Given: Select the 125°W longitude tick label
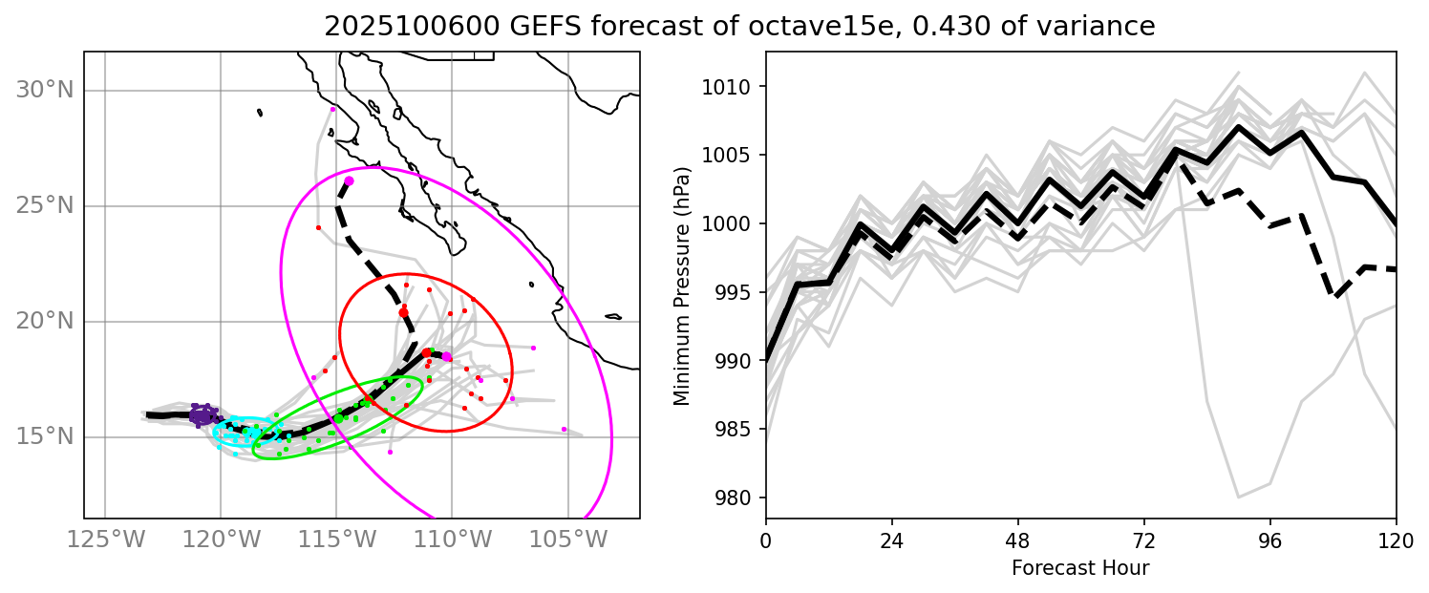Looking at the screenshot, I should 105,540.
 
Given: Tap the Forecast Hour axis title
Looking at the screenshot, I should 1080,568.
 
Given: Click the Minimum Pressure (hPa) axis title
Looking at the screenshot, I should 681,286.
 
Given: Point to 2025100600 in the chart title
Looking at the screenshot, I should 402,27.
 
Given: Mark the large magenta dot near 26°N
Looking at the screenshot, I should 349,180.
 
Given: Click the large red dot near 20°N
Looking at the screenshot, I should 403,312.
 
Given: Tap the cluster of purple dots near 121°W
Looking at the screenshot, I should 202,414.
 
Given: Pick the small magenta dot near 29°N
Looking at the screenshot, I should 332,109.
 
